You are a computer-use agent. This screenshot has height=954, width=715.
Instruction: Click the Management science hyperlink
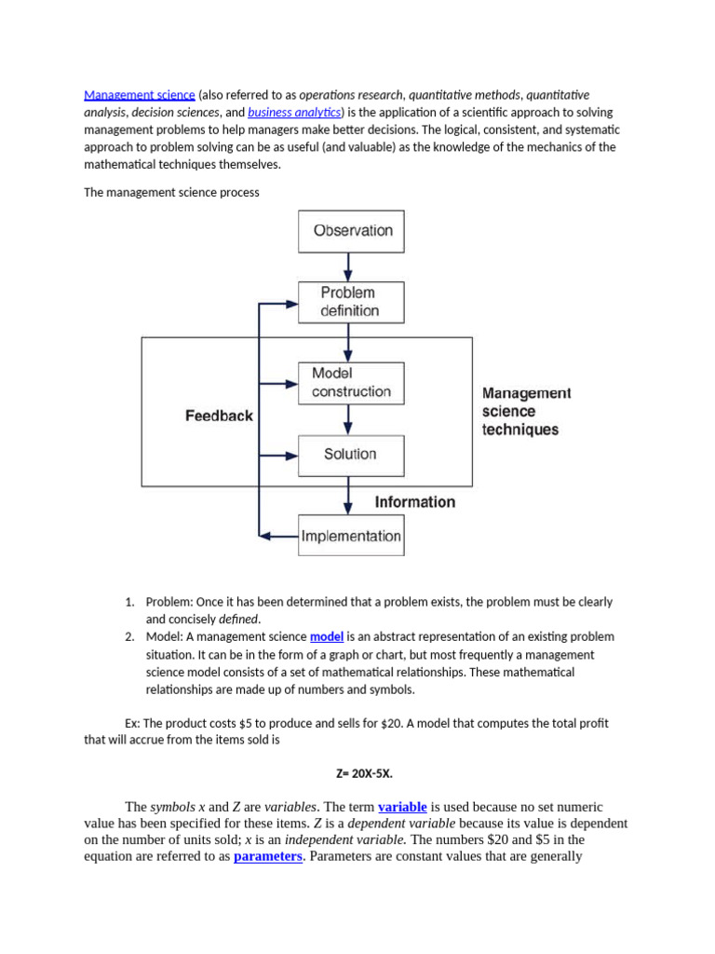click(140, 95)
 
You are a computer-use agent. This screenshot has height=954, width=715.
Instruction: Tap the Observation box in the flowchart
click(351, 231)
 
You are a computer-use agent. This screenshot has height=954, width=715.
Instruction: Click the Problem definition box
click(351, 302)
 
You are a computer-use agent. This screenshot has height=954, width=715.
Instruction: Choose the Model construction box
click(351, 383)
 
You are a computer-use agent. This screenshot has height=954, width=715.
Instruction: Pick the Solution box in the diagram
click(351, 455)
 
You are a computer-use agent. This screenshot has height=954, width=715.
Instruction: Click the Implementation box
click(351, 536)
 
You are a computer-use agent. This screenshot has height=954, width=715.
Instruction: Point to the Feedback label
click(219, 416)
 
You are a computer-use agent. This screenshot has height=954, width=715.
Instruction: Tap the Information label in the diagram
click(415, 502)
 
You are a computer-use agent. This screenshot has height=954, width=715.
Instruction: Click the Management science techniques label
click(526, 412)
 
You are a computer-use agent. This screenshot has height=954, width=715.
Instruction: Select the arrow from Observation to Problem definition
click(348, 267)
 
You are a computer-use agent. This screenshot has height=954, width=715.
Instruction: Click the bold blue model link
click(327, 637)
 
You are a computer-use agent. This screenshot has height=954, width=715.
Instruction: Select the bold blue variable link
click(402, 807)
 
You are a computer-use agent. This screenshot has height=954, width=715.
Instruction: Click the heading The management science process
click(171, 193)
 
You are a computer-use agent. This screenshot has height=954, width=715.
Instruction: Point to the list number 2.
click(130, 637)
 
